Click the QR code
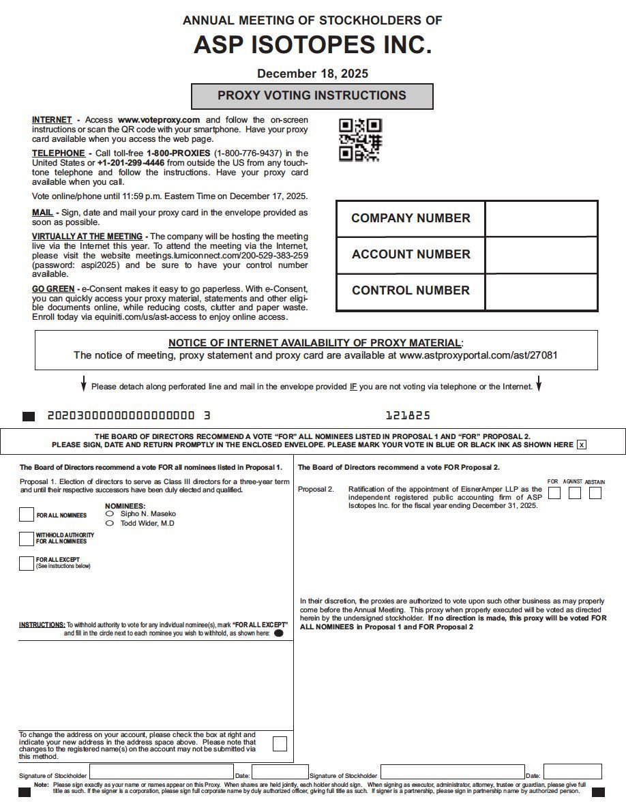[x=360, y=140]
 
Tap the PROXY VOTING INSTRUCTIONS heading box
[x=312, y=96]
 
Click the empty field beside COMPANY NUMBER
[x=541, y=219]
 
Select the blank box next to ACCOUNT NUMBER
[x=541, y=255]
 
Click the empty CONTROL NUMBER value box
[x=541, y=291]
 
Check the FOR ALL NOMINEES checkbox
[x=27, y=515]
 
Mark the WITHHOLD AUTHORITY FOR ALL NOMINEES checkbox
[x=27, y=539]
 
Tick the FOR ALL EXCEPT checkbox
[x=27, y=563]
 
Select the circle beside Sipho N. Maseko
[x=110, y=513]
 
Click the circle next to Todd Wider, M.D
[x=110, y=524]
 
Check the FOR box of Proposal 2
[x=554, y=492]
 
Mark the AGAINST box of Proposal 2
[x=575, y=492]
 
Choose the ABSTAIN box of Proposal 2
[x=595, y=492]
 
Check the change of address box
[x=280, y=743]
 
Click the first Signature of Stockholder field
[x=161, y=772]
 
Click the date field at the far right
[x=582, y=772]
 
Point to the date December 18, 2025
[x=312, y=74]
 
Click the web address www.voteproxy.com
[x=159, y=120]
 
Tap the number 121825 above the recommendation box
[x=408, y=415]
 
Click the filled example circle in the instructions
[x=278, y=633]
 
